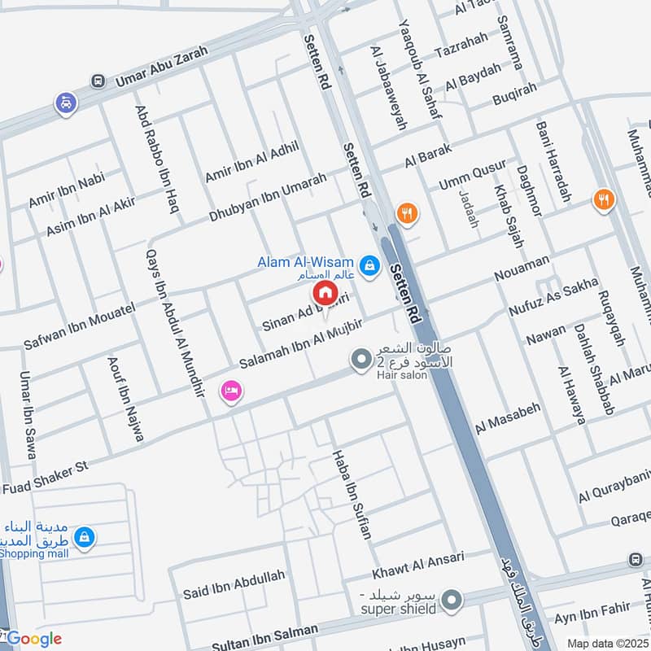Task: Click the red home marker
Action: [x=325, y=292]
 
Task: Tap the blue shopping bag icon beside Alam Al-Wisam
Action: [x=370, y=265]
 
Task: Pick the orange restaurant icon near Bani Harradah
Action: [x=603, y=199]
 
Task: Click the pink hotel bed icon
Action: [x=231, y=391]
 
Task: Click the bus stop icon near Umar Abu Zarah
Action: [x=98, y=81]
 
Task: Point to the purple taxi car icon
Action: [x=65, y=103]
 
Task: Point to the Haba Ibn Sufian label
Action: [x=352, y=495]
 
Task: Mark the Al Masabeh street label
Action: [x=508, y=417]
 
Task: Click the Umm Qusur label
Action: [x=461, y=177]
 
